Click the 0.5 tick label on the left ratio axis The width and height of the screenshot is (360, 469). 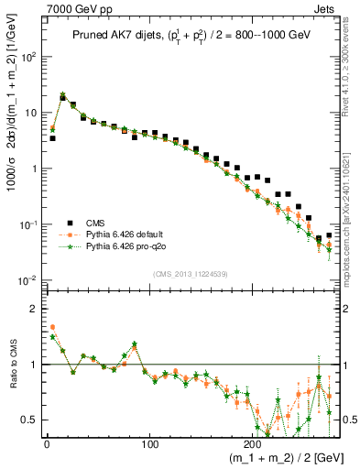(x=30, y=420)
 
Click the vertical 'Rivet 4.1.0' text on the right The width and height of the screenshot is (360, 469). (x=352, y=55)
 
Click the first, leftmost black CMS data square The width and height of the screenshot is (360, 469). (x=52, y=138)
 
